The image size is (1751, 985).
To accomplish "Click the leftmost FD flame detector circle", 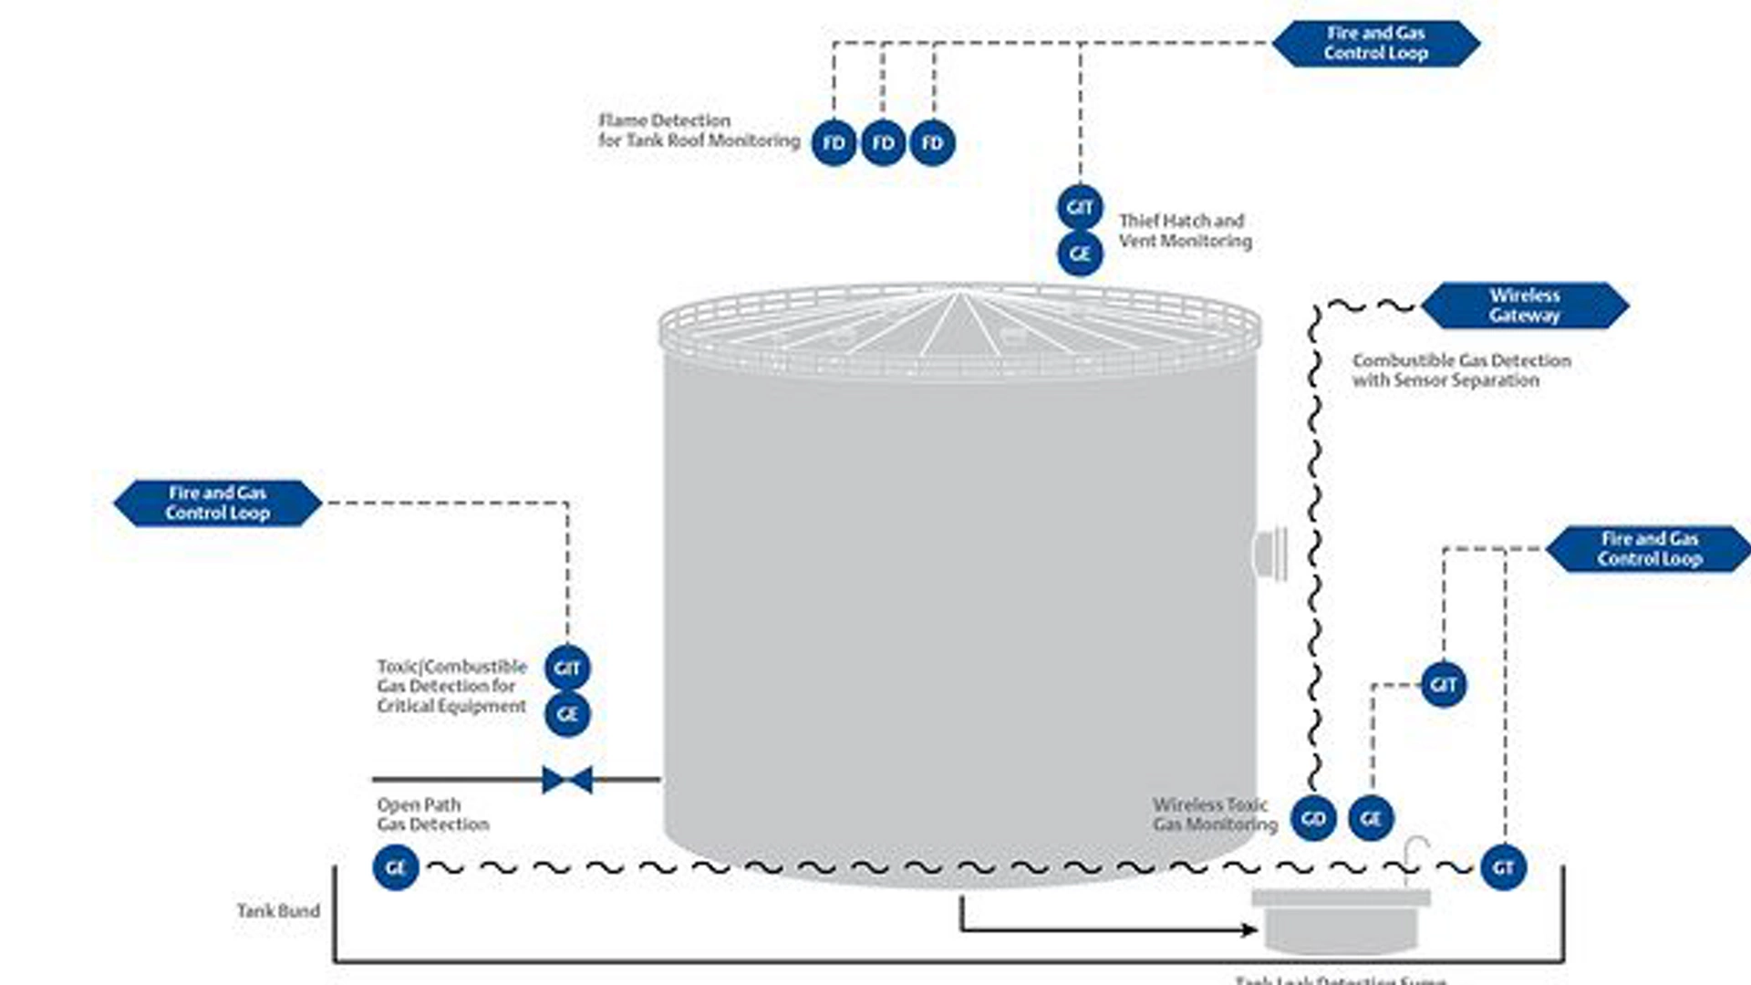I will click(x=834, y=143).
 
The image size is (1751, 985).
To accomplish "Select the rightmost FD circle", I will click(x=932, y=143).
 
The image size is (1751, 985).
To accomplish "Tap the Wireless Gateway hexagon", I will click(x=1525, y=306).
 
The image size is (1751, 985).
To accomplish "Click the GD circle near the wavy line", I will click(x=1313, y=818).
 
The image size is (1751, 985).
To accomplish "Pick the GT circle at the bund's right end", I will click(x=1503, y=867).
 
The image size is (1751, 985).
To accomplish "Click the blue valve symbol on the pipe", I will click(x=567, y=780).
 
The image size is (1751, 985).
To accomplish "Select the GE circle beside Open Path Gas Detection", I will click(x=396, y=867).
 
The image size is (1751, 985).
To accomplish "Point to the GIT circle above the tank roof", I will click(x=1080, y=208).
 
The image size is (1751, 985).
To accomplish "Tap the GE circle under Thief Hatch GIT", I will click(x=1080, y=254).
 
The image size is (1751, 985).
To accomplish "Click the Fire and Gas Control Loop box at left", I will click(x=218, y=503).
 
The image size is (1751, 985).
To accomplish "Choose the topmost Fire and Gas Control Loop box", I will click(x=1375, y=44).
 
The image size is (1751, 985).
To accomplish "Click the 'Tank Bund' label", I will click(x=278, y=911).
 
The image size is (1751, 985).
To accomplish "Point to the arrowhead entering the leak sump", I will click(x=1249, y=929).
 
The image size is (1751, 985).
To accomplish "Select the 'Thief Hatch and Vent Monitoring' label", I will click(x=1185, y=231).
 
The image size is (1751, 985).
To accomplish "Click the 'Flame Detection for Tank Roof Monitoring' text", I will click(x=699, y=130).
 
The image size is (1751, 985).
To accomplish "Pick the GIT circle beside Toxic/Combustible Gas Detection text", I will click(x=567, y=669).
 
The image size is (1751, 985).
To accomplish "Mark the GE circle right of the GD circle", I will click(x=1370, y=818).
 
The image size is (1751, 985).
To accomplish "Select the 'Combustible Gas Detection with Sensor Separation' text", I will click(x=1461, y=370).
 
